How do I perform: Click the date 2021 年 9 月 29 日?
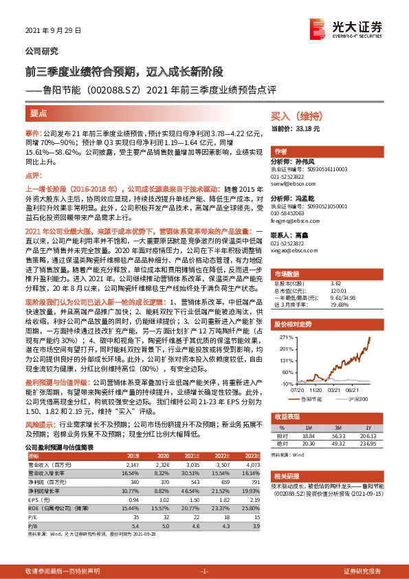(x=54, y=30)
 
